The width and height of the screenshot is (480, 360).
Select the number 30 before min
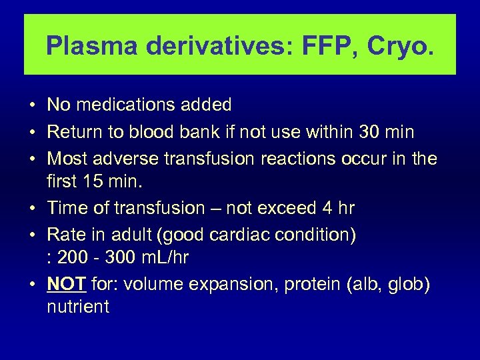point(368,132)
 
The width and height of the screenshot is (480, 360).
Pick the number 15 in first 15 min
point(91,181)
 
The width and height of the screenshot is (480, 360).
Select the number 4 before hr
point(327,209)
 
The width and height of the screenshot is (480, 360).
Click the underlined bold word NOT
point(67,285)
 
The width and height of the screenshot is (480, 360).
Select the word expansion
point(239,285)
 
